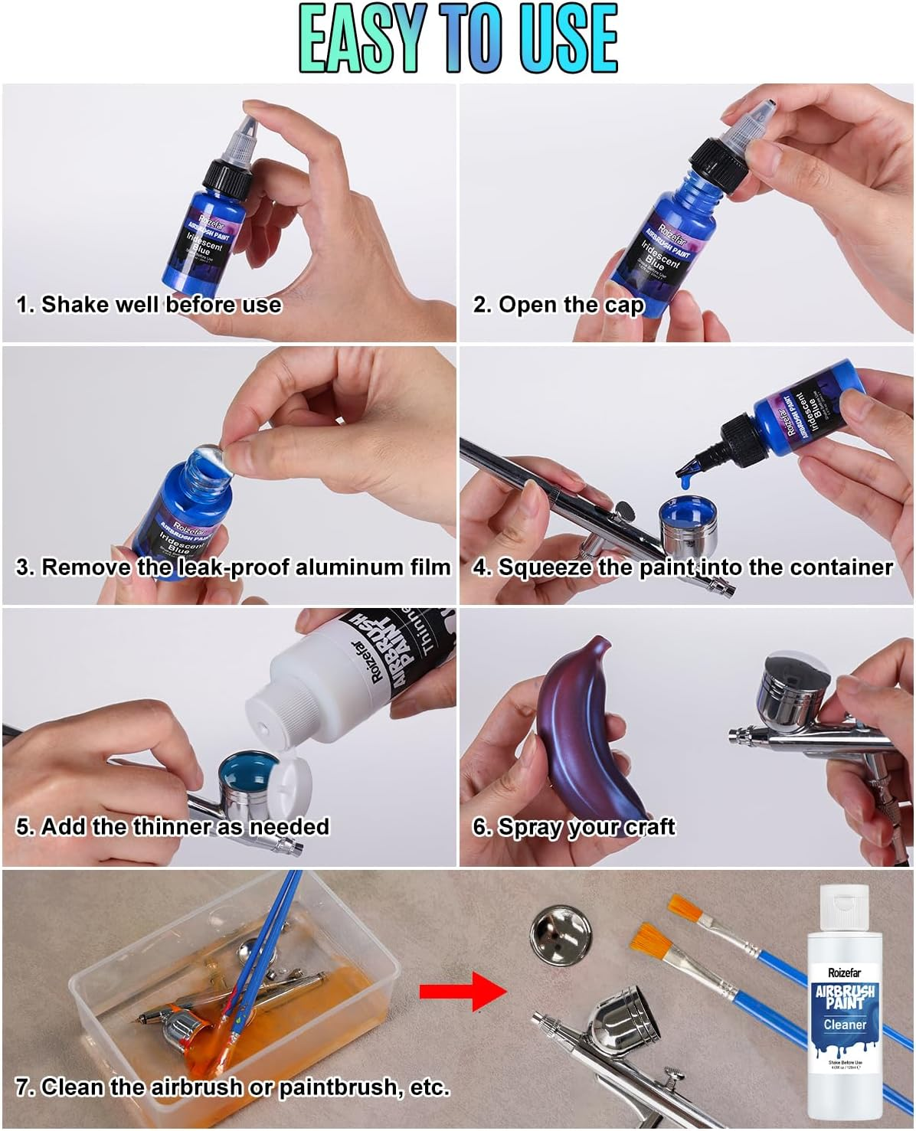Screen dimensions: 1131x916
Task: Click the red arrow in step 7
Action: coord(462,991)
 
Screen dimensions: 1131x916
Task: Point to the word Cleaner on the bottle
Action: coord(845,1025)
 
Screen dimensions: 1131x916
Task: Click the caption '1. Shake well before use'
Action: coord(149,305)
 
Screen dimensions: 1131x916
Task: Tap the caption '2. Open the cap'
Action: coord(558,305)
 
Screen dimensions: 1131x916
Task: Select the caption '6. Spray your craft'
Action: coord(574,827)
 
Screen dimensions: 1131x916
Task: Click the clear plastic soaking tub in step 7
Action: coord(230,995)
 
